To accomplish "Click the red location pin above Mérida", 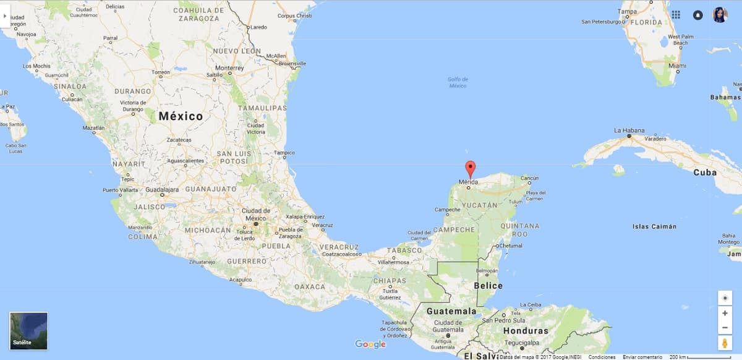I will pos(470,168).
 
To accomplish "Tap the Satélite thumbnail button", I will pos(28,331).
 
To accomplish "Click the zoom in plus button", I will pos(725,313).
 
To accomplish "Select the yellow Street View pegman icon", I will pos(725,343).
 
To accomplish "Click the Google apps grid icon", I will pos(676,15).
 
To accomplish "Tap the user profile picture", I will pos(720,15).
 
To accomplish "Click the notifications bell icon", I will pos(698,15).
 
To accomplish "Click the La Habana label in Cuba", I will pos(629,131).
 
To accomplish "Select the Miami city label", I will pos(677,66).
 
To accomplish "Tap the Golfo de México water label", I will pos(458,82).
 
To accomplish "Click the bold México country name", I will pos(181,116).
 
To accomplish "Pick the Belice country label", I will pos(488,286).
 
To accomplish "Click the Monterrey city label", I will pos(229,67).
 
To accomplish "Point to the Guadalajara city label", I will pos(162,190).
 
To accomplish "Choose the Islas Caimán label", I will pos(654,226).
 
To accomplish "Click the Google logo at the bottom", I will pos(370,344).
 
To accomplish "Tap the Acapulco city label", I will pos(241,280).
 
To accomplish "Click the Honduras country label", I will pos(526,331).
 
